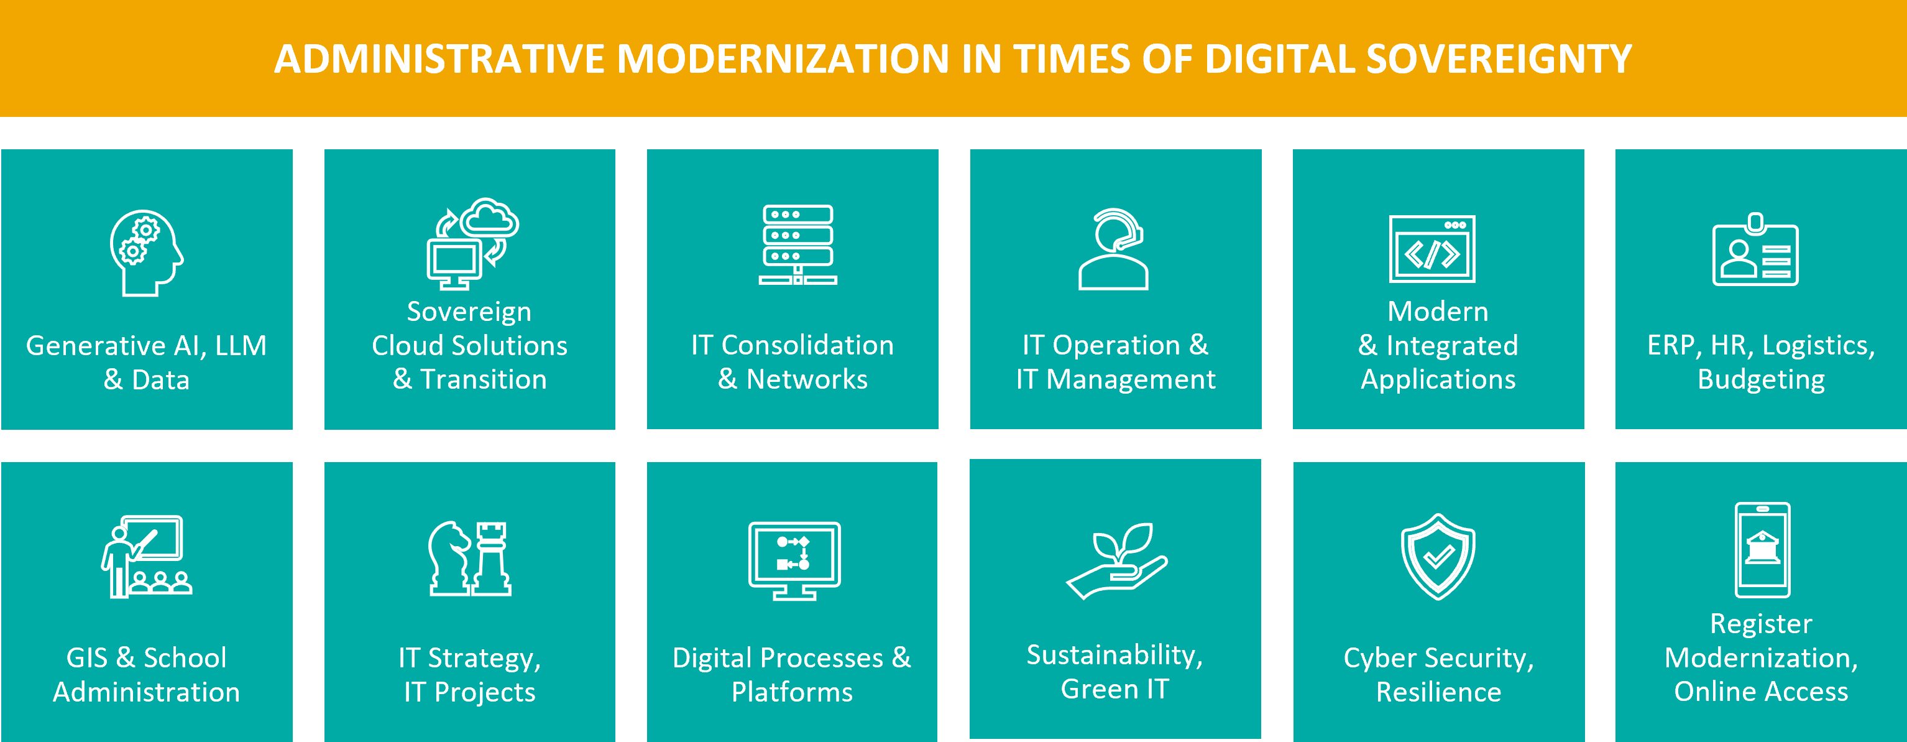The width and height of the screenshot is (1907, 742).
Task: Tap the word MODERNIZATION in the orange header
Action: [783, 59]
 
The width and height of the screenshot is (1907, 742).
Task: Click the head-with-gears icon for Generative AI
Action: [147, 253]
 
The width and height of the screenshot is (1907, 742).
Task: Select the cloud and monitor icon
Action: [472, 244]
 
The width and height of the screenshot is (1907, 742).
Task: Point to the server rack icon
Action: [797, 245]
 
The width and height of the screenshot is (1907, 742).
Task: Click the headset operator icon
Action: [1113, 249]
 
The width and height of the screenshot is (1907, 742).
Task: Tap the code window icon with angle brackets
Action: [1431, 249]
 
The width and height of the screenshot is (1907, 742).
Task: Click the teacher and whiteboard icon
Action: [147, 556]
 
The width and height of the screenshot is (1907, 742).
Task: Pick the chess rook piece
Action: [492, 559]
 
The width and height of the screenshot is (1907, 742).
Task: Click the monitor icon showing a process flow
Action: [794, 560]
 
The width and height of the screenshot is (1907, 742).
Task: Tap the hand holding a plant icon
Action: [1116, 560]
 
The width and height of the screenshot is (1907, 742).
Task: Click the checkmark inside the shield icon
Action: [1438, 555]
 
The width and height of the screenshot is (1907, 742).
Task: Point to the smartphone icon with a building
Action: [1762, 549]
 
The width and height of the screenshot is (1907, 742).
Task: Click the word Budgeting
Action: [1761, 380]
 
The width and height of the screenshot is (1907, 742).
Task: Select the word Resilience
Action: [1438, 692]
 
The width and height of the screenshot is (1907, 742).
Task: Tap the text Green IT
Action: [1115, 689]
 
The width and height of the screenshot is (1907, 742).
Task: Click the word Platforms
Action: [792, 692]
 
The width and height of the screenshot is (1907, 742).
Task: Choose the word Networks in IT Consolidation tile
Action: [807, 379]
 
